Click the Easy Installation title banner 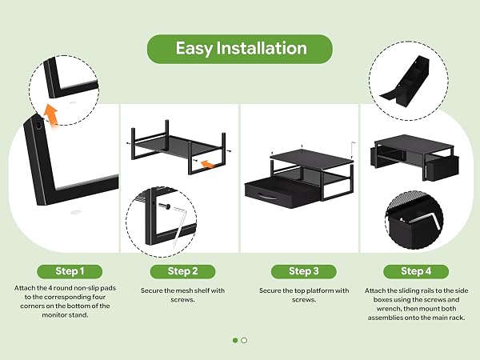pyautogui.click(x=240, y=49)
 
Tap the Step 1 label pyautogui.click(x=70, y=271)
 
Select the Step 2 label pyautogui.click(x=182, y=271)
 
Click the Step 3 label pyautogui.click(x=304, y=271)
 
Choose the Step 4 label pyautogui.click(x=416, y=271)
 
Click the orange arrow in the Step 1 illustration pyautogui.click(x=51, y=115)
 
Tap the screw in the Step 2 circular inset pyautogui.click(x=164, y=206)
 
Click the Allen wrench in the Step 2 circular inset pyautogui.click(x=180, y=225)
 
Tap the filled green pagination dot pyautogui.click(x=235, y=341)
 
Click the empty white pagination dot pyautogui.click(x=244, y=341)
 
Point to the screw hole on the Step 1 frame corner pyautogui.click(x=39, y=125)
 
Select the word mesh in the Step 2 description pyautogui.click(x=175, y=290)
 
